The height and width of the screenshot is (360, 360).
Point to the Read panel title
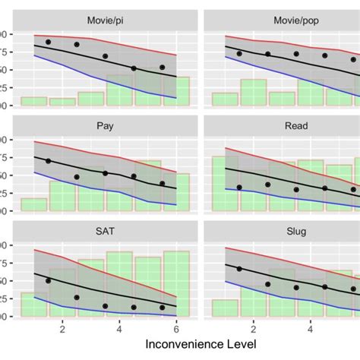point(282,127)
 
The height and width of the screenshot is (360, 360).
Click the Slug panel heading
point(282,232)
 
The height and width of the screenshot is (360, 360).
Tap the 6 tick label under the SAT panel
point(176,329)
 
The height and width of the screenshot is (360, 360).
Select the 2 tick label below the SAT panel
point(62,329)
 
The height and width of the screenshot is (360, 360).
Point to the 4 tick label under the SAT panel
point(119,329)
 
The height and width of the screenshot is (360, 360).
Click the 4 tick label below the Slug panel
point(311,329)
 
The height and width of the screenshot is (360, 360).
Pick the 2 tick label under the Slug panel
point(253,329)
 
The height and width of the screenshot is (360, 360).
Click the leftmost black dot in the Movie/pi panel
point(49,43)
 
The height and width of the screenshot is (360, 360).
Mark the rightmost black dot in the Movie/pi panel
point(162,68)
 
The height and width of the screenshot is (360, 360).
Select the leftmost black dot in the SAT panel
point(49,281)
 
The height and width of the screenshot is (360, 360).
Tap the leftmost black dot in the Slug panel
point(239,269)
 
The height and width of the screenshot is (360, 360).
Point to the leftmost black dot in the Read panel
point(239,187)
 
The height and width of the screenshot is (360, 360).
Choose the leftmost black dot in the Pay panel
point(49,161)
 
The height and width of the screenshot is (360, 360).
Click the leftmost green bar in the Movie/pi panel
point(34,101)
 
